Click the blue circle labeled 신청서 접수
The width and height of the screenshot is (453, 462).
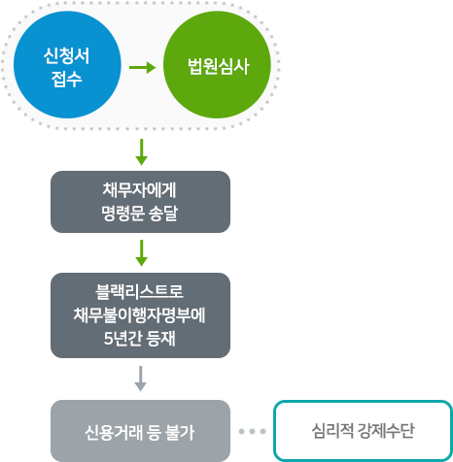(x=67, y=65)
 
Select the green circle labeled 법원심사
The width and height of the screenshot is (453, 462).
(x=217, y=65)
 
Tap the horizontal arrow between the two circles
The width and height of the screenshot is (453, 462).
(x=143, y=67)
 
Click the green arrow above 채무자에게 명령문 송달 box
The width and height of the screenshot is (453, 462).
(x=141, y=152)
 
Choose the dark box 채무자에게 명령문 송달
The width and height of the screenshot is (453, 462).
(x=140, y=202)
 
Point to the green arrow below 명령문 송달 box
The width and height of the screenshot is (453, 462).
(x=141, y=253)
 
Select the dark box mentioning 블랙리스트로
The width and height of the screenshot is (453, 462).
(x=140, y=315)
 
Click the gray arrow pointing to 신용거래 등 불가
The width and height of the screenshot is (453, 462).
(x=141, y=379)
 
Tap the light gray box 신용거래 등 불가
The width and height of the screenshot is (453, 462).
(x=140, y=431)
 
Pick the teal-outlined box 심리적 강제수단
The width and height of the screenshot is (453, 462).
(x=363, y=431)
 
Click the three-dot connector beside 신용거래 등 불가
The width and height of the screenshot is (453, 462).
(x=252, y=431)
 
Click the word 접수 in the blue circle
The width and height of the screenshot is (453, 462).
(x=67, y=79)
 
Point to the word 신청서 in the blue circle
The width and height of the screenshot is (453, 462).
(x=67, y=55)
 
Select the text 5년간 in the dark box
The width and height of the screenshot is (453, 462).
(x=123, y=339)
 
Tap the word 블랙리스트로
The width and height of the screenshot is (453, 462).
(x=140, y=292)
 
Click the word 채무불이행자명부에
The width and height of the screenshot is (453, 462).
(x=139, y=315)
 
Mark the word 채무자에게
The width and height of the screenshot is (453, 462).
(x=139, y=190)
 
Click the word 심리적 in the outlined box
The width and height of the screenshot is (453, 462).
(x=332, y=431)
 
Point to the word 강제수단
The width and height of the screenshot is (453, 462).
(x=386, y=431)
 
